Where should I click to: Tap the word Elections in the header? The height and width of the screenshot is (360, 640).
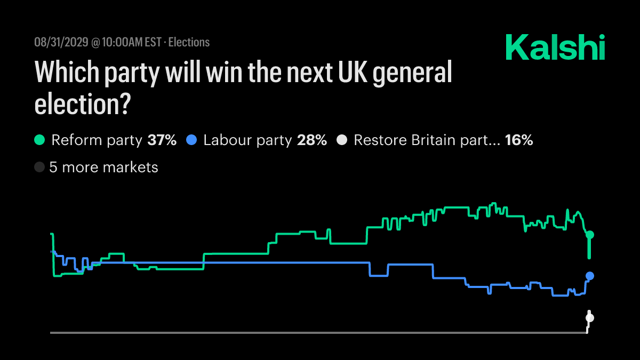(x=189, y=42)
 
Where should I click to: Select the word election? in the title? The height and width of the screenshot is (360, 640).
(x=83, y=103)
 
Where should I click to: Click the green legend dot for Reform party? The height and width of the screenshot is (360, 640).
(x=39, y=140)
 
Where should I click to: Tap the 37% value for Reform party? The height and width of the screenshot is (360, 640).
(x=162, y=141)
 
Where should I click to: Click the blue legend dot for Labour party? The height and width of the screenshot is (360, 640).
(x=191, y=140)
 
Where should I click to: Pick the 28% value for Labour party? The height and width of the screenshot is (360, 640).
(x=312, y=141)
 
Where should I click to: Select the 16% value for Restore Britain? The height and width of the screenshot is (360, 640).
(x=519, y=141)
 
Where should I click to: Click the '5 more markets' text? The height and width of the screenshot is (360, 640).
(x=103, y=167)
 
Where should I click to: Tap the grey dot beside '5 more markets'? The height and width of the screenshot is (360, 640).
(x=39, y=167)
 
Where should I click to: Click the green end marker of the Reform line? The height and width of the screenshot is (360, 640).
(x=590, y=235)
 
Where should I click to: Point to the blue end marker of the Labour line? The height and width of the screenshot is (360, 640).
(x=590, y=276)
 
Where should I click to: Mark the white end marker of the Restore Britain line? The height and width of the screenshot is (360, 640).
(x=589, y=318)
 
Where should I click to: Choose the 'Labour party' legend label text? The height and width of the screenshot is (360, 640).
(x=247, y=141)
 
